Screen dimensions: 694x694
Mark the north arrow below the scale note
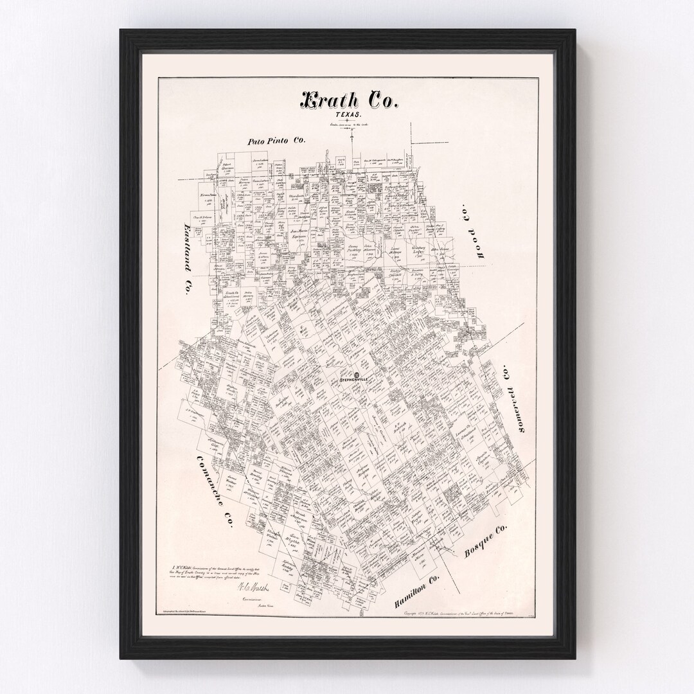(352, 132)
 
